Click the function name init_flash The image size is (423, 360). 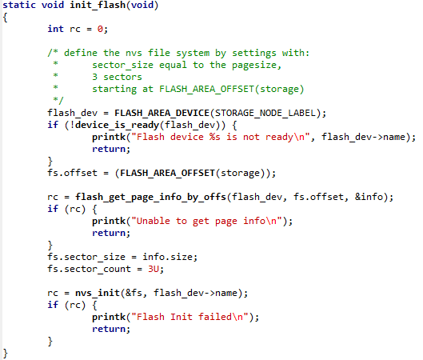[98, 5]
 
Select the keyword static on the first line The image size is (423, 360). [19, 5]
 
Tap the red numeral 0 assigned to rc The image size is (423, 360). [100, 29]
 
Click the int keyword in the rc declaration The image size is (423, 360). [55, 29]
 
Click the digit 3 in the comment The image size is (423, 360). [94, 77]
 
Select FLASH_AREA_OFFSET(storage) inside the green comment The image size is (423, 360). [231, 89]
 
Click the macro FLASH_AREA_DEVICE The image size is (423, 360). [162, 113]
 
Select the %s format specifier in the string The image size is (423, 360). [215, 137]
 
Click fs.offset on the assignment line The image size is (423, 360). [72, 173]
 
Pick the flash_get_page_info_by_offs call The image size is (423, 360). [150, 197]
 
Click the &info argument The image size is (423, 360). [369, 197]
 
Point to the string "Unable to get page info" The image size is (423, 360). [206, 221]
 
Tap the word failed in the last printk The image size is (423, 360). [215, 317]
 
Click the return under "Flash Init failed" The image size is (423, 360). [109, 329]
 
